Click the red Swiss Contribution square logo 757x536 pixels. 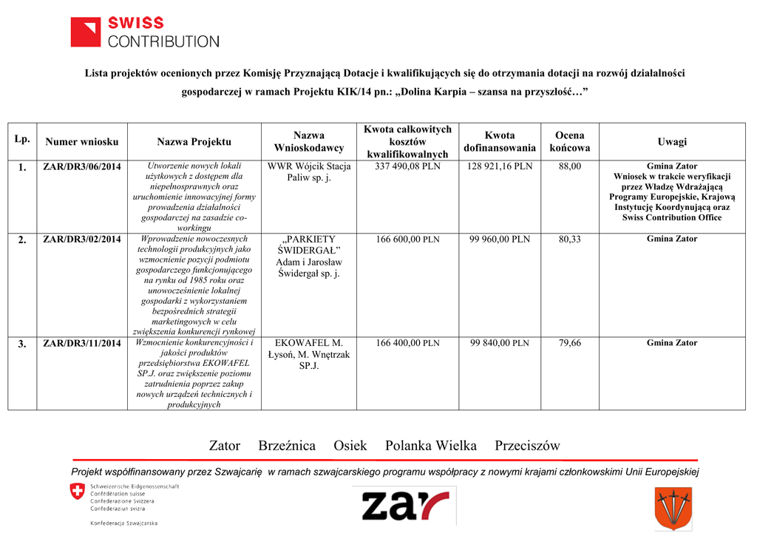pos(85,33)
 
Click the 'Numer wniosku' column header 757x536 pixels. pos(81,142)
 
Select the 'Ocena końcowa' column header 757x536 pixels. pos(569,142)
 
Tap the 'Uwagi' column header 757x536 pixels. pos(671,142)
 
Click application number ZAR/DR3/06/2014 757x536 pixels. pos(81,167)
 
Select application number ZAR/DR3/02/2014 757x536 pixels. pos(81,240)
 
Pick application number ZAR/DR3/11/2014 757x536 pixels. pos(81,344)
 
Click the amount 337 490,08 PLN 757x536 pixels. pos(407,166)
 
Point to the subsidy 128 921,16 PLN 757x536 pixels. pos(500,166)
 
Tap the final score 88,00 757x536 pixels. pos(569,166)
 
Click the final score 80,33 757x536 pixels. pos(569,240)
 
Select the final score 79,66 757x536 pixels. pos(569,343)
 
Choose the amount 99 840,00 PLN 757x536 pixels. pos(500,343)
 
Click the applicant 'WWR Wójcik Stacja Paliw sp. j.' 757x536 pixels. pos(308,172)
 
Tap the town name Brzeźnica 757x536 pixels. pos(287,446)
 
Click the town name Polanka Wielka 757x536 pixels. pos(430,446)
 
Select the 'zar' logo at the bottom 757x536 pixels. pos(404,506)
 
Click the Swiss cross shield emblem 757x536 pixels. pos(77,492)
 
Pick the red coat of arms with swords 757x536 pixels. pos(673,508)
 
